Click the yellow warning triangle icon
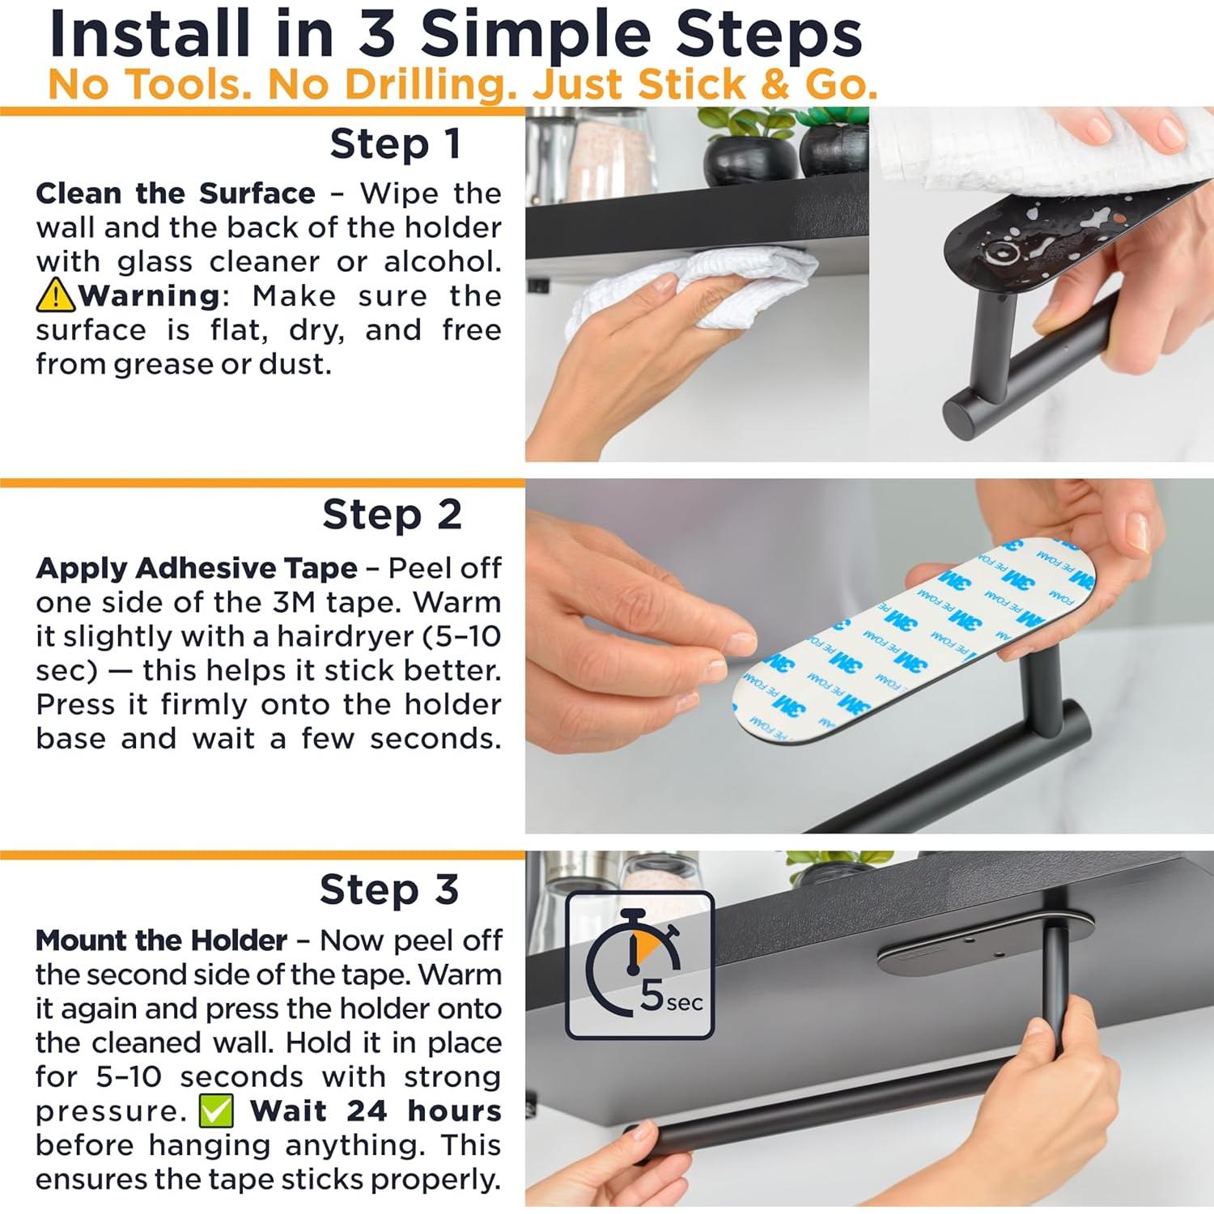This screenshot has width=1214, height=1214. (x=55, y=295)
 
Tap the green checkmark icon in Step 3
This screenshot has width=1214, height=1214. (x=216, y=1110)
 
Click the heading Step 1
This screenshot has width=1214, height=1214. (x=396, y=144)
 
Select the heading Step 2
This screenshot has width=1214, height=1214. (x=392, y=515)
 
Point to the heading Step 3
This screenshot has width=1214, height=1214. (x=389, y=889)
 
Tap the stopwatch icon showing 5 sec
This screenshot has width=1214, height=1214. (x=639, y=965)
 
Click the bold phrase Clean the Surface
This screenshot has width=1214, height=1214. (x=176, y=193)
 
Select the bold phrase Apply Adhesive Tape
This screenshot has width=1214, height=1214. (x=196, y=568)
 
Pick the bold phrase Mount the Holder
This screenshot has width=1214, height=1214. (x=161, y=940)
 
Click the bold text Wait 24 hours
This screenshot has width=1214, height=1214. (x=376, y=1110)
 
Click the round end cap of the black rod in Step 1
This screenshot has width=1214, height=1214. (x=966, y=418)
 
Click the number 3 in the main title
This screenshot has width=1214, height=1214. (x=376, y=34)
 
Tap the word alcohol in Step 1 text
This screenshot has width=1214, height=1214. (x=442, y=261)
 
